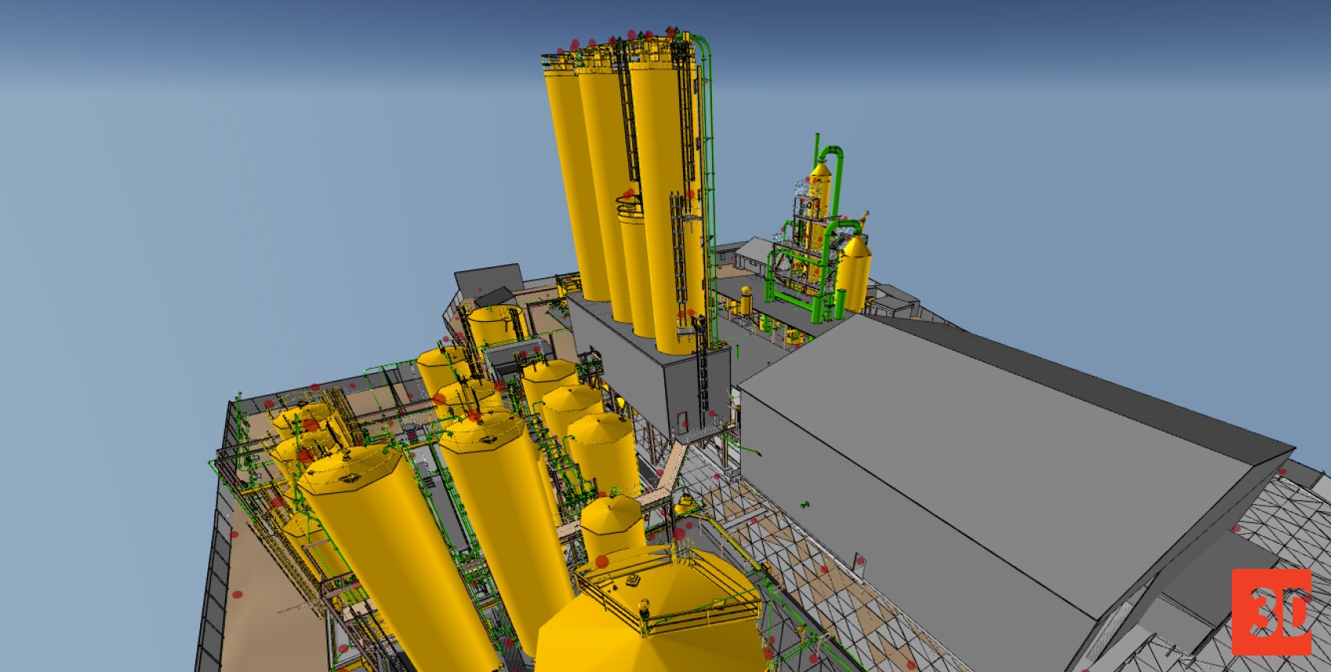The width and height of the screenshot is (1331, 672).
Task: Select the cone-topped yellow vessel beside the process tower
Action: pyautogui.click(x=854, y=273)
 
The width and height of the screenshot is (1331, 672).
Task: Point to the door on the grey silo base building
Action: pyautogui.click(x=681, y=423)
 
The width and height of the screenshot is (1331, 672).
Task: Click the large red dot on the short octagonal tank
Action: pyautogui.click(x=602, y=561)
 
